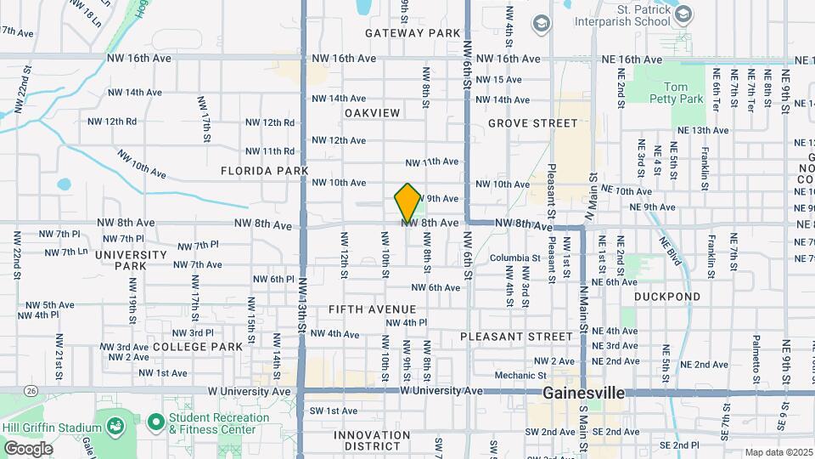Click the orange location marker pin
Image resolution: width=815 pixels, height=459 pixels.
(407, 202)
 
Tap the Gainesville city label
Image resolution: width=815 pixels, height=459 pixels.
(583, 394)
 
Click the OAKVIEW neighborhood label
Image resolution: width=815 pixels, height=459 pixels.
(372, 113)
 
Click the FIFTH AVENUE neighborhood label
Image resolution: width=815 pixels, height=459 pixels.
(372, 309)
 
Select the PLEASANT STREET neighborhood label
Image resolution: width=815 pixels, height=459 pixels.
(516, 337)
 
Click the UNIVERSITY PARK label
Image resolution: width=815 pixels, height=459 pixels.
(131, 260)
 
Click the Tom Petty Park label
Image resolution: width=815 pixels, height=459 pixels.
(683, 93)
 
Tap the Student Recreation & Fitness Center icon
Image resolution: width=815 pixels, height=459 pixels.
(155, 422)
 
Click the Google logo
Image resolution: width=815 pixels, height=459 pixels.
(28, 448)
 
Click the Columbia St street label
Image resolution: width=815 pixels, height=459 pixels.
(514, 258)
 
